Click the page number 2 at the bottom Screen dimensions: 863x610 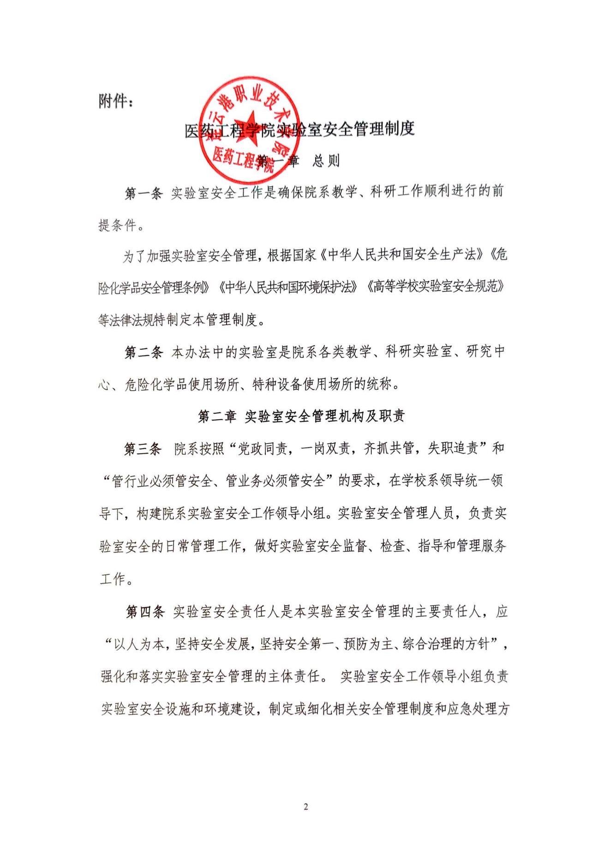[305, 807]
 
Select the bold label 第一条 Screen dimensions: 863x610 [144, 193]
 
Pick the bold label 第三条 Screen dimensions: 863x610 [143, 449]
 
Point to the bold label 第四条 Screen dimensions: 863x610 [145, 612]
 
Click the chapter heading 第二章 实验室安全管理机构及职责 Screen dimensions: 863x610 [301, 416]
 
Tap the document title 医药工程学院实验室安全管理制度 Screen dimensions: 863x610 [299, 130]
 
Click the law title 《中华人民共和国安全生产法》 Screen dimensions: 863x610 [401, 255]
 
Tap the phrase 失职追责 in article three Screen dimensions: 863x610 [453, 449]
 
